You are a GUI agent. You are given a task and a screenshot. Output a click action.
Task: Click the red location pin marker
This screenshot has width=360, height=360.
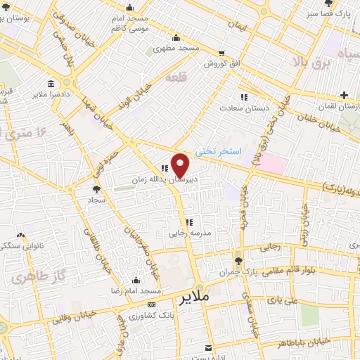click(181, 165)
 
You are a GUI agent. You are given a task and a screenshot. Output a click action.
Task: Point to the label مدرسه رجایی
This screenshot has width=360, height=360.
click(187, 233)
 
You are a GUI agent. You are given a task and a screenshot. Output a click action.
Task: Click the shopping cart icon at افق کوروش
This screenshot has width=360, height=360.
click(221, 54)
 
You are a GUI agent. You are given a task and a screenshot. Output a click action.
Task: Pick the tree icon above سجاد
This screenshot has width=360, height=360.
click(96, 188)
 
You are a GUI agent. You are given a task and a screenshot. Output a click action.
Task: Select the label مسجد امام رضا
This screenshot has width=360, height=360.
click(136, 290)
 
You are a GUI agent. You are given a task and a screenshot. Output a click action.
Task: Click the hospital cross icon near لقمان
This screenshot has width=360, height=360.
click(344, 95)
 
